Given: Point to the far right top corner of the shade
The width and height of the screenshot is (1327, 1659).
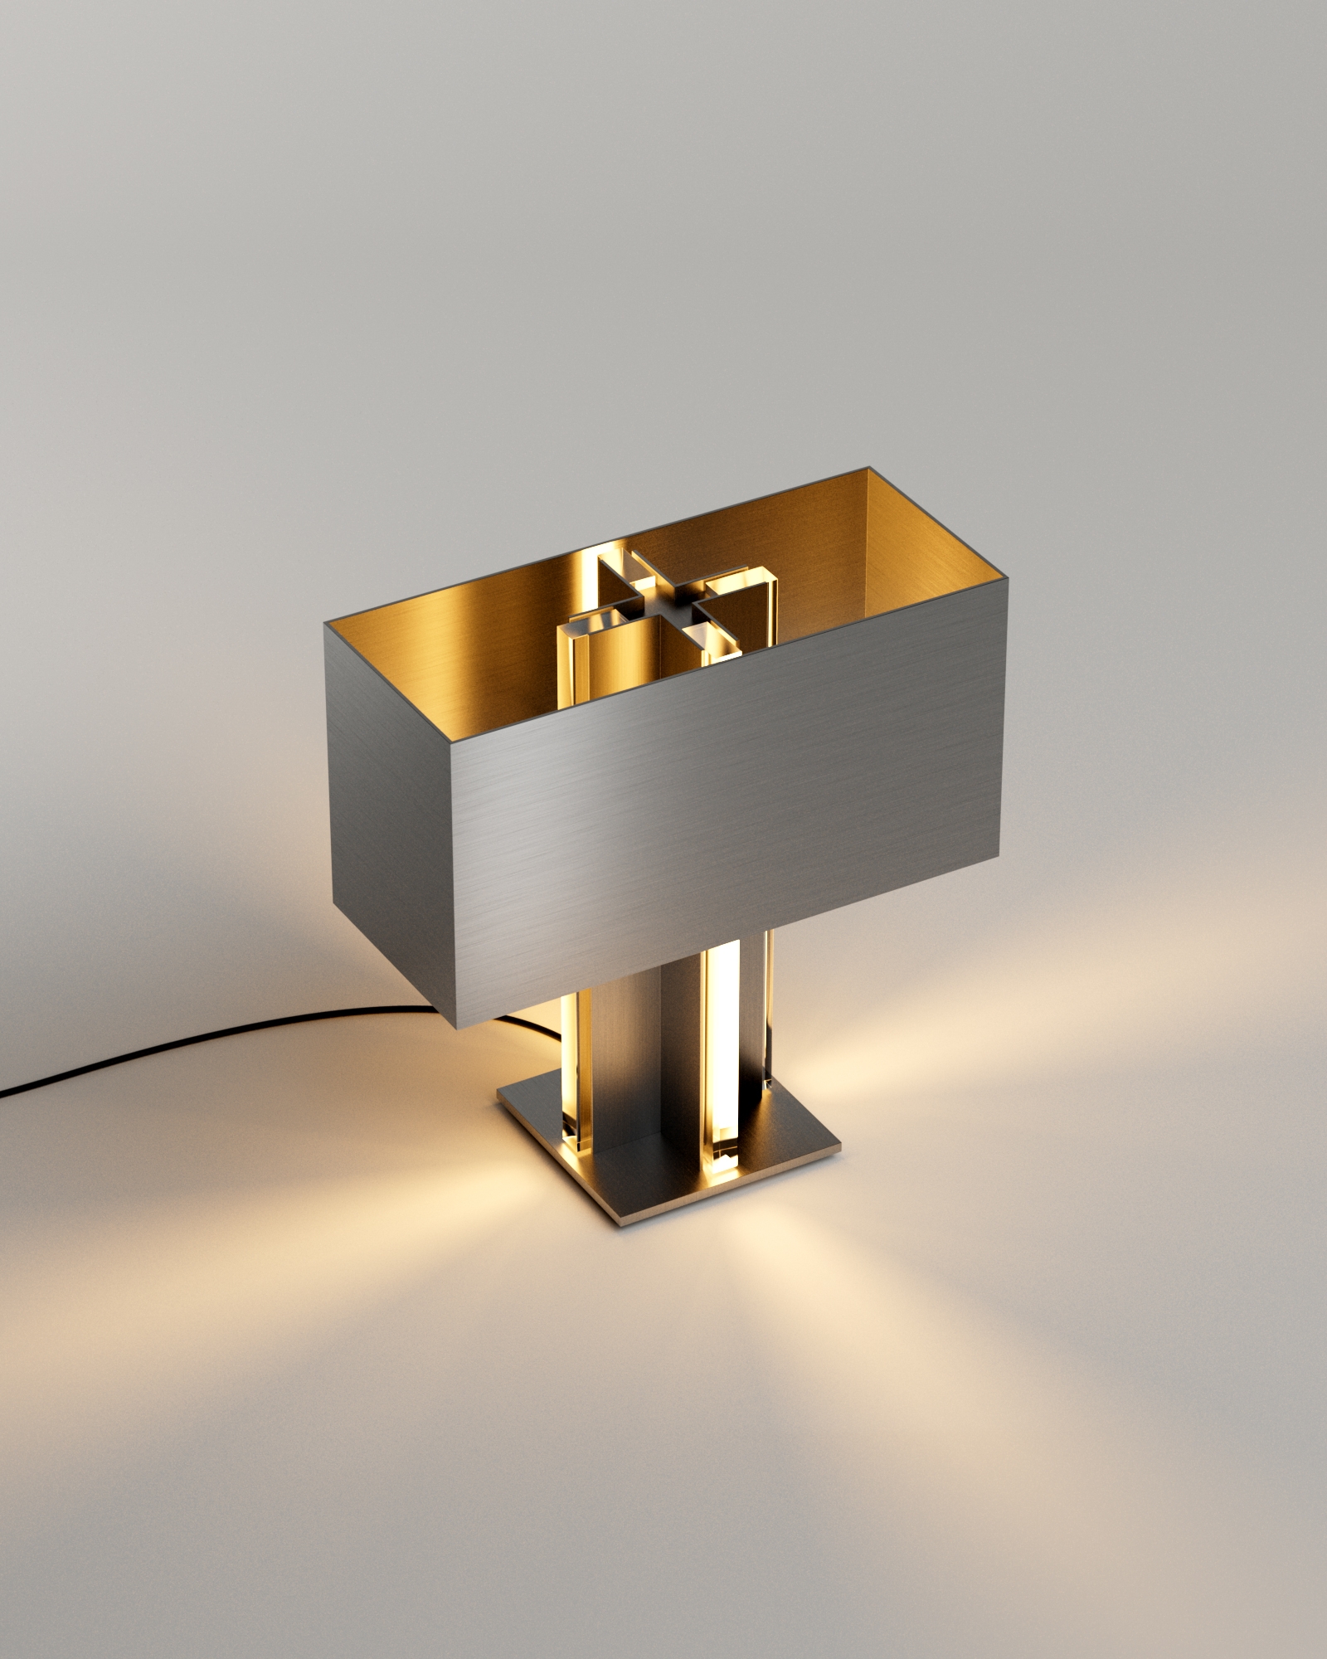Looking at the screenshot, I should (x=869, y=469).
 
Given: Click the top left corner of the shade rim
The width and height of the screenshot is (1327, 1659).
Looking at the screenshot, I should (x=325, y=628).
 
